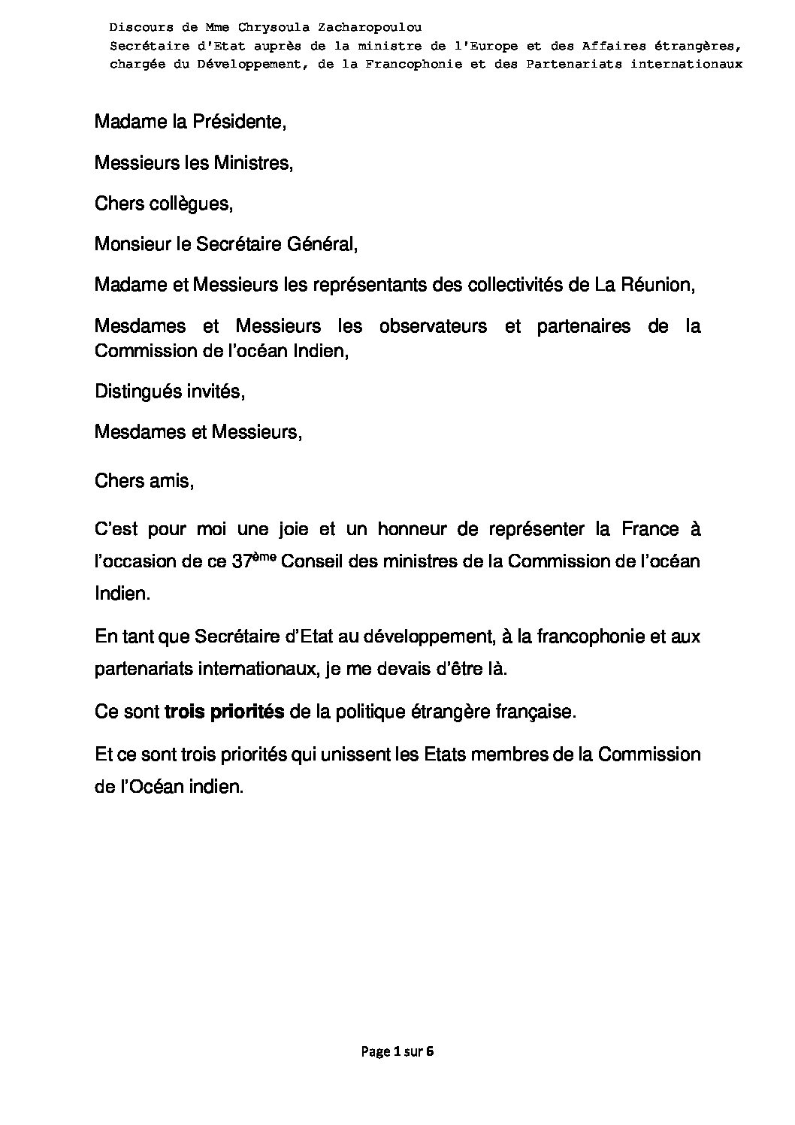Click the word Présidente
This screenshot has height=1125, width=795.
pyautogui.click(x=239, y=122)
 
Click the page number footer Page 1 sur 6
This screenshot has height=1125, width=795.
pyautogui.click(x=397, y=1051)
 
